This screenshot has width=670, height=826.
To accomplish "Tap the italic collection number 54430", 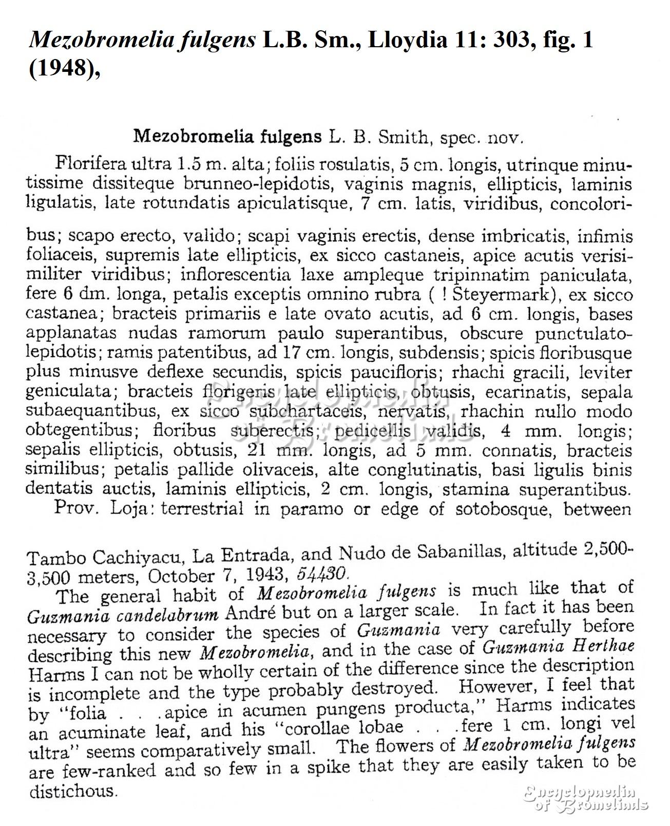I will point(322,573).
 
